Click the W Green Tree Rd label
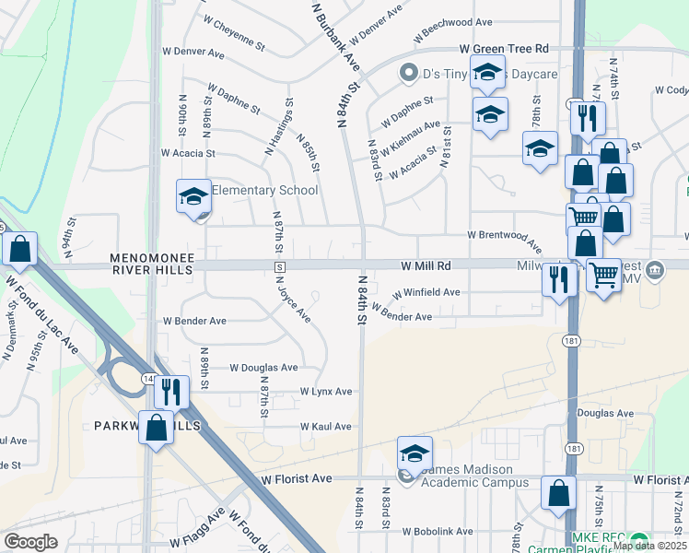click(x=504, y=48)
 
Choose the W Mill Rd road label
click(x=426, y=265)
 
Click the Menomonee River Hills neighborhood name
click(x=152, y=265)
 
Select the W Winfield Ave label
click(x=426, y=292)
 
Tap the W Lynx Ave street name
click(x=325, y=392)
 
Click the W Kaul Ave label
click(x=325, y=427)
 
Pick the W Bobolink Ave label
click(x=438, y=532)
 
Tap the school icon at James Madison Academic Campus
click(x=415, y=453)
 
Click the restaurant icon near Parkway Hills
click(x=170, y=392)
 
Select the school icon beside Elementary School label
click(x=194, y=196)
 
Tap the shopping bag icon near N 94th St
click(x=19, y=249)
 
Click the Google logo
click(x=30, y=542)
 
